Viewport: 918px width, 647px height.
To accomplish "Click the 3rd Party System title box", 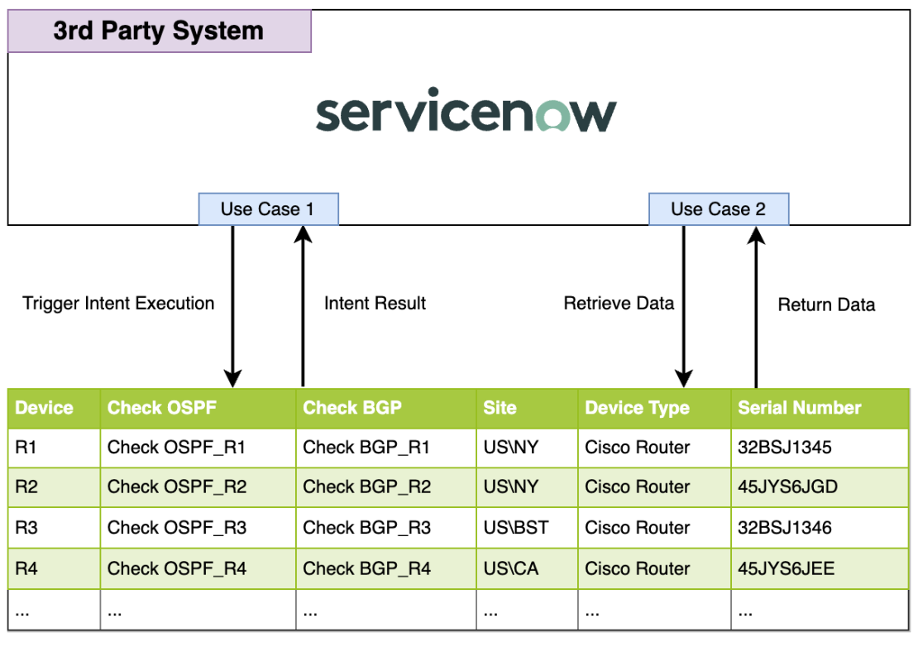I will pyautogui.click(x=159, y=31).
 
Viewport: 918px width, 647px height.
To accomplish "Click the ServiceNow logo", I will pyautogui.click(x=466, y=114).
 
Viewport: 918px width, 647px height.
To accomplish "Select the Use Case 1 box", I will pyautogui.click(x=268, y=209).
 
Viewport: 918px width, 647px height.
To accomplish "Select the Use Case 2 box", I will pyautogui.click(x=718, y=209).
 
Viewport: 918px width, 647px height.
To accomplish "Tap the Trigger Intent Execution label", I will pyautogui.click(x=118, y=303).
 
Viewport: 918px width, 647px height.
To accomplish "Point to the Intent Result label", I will pyautogui.click(x=375, y=303).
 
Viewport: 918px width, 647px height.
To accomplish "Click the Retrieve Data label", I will pyautogui.click(x=619, y=303).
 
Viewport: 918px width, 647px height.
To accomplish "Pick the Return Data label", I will pyautogui.click(x=826, y=304).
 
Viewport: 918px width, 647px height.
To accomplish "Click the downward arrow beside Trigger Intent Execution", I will pyautogui.click(x=233, y=306).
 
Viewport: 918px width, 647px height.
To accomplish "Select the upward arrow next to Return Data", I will pyautogui.click(x=755, y=306).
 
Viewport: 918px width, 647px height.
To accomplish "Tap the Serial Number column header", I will pyautogui.click(x=799, y=407).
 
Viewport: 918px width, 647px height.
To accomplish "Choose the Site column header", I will pyautogui.click(x=500, y=407).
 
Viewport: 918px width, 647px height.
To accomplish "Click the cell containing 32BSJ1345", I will pyautogui.click(x=784, y=448).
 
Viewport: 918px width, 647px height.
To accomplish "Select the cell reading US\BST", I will pyautogui.click(x=515, y=528).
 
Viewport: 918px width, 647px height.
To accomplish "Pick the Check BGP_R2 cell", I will pyautogui.click(x=366, y=486).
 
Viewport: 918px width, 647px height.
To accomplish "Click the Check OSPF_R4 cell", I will pyautogui.click(x=177, y=568).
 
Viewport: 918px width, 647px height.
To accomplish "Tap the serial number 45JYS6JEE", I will pyautogui.click(x=786, y=568).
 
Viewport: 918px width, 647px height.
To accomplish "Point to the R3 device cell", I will pyautogui.click(x=26, y=528).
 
